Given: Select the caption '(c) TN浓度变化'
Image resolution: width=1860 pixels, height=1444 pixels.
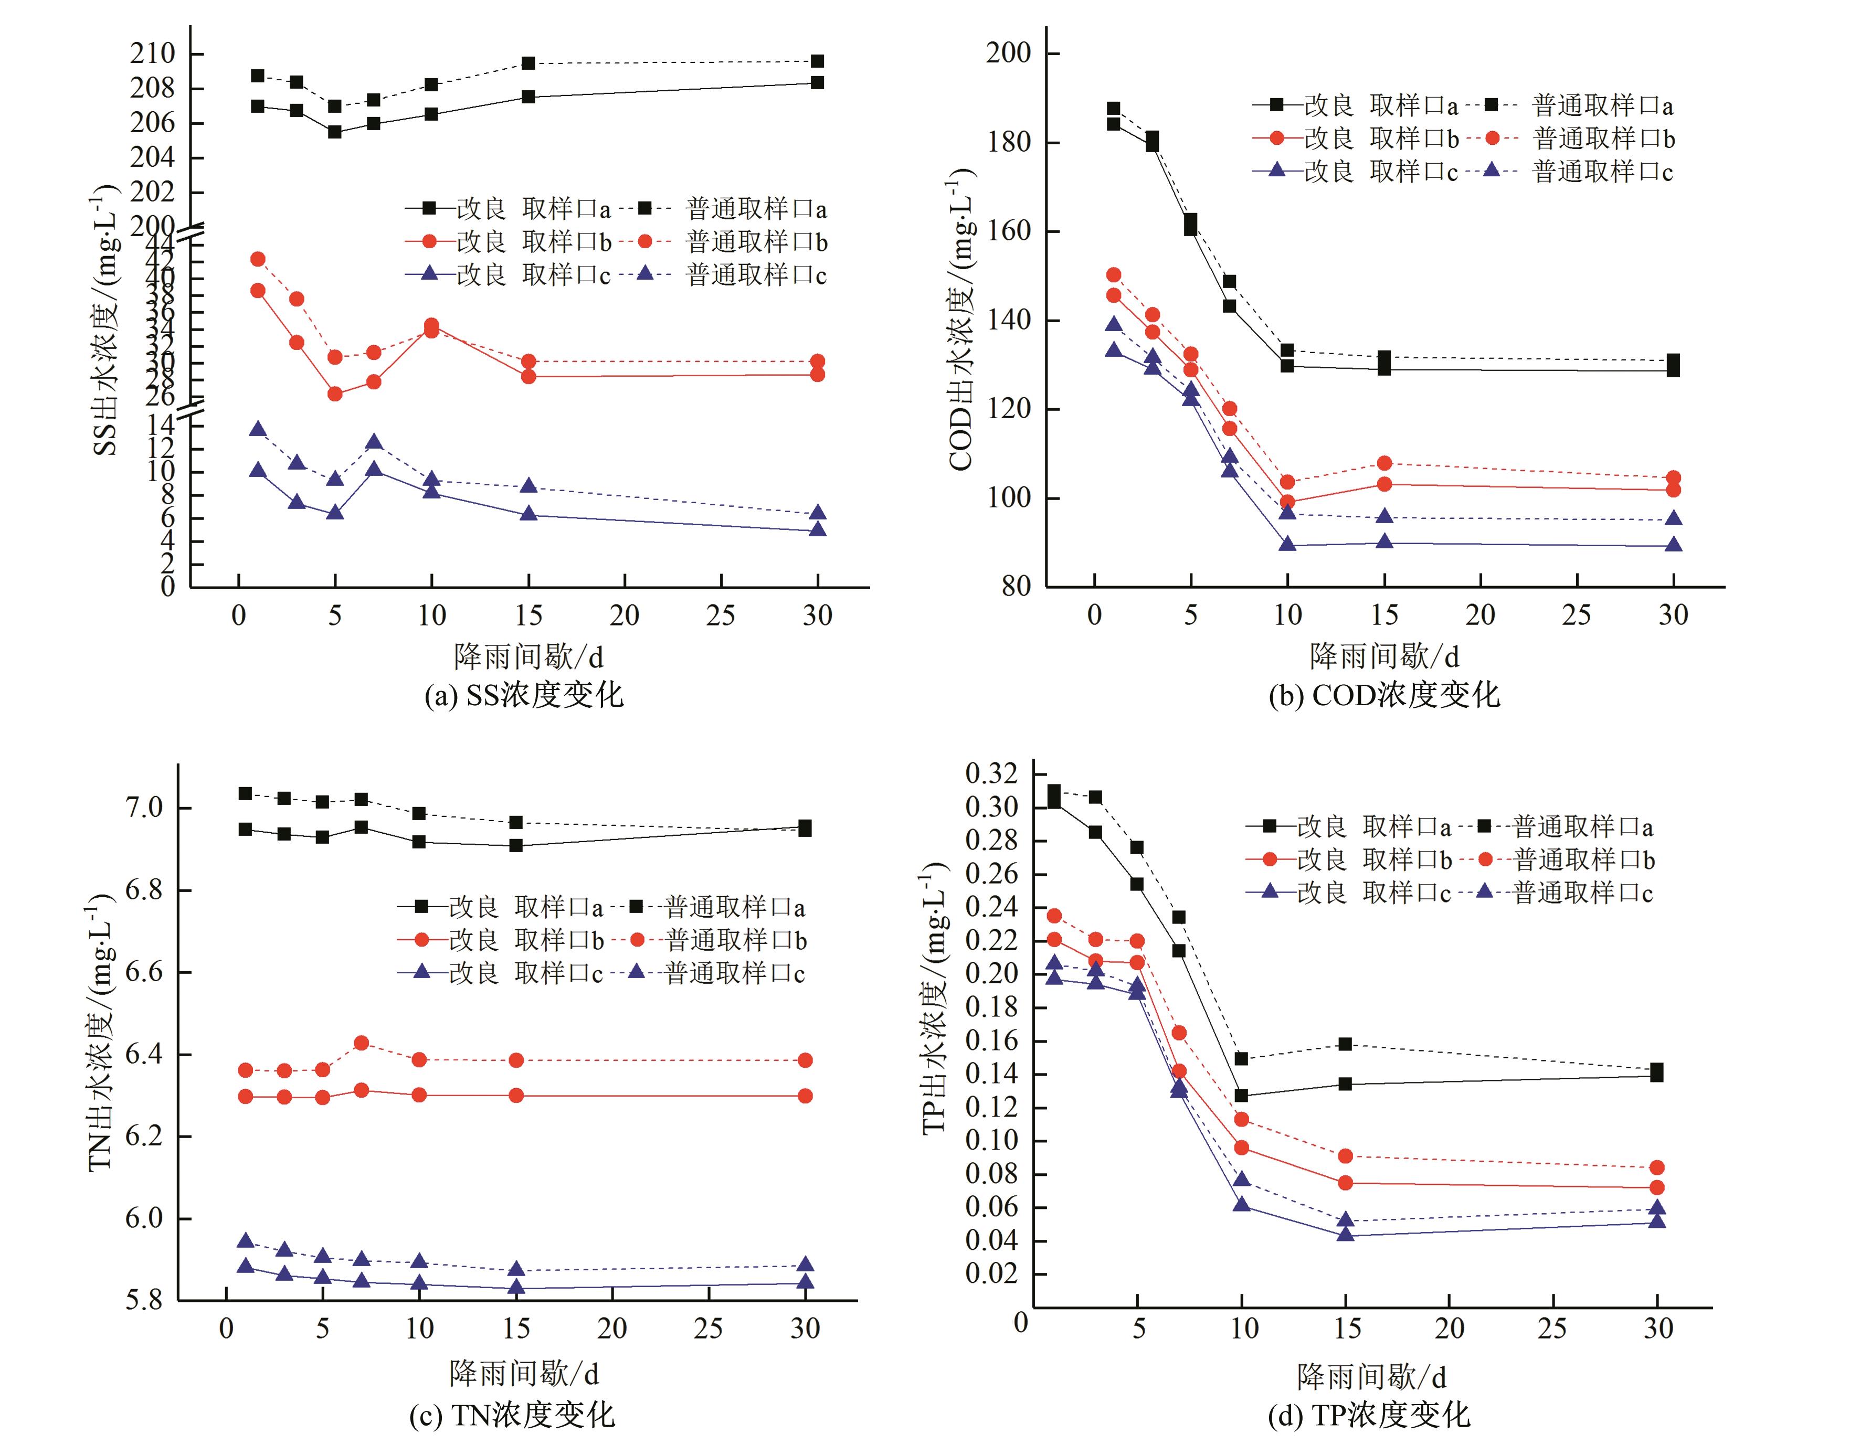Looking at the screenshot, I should pos(511,1415).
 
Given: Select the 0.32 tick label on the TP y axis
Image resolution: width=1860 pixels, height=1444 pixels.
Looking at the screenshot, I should pos(991,774).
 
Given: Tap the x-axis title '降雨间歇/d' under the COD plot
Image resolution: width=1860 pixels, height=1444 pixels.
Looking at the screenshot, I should pos(1384,656).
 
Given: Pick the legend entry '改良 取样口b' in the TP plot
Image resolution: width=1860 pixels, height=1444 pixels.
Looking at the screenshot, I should pos(1373,860).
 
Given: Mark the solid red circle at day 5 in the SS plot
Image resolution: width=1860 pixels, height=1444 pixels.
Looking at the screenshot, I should pos(335,394).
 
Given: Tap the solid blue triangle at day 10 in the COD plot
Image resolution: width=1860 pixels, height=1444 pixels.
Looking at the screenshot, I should pos(1287,544).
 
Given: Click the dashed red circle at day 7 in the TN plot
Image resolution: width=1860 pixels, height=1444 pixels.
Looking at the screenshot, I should pos(361,1043).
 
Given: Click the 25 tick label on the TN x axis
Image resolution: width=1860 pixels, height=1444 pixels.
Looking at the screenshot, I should pos(709,1328).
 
